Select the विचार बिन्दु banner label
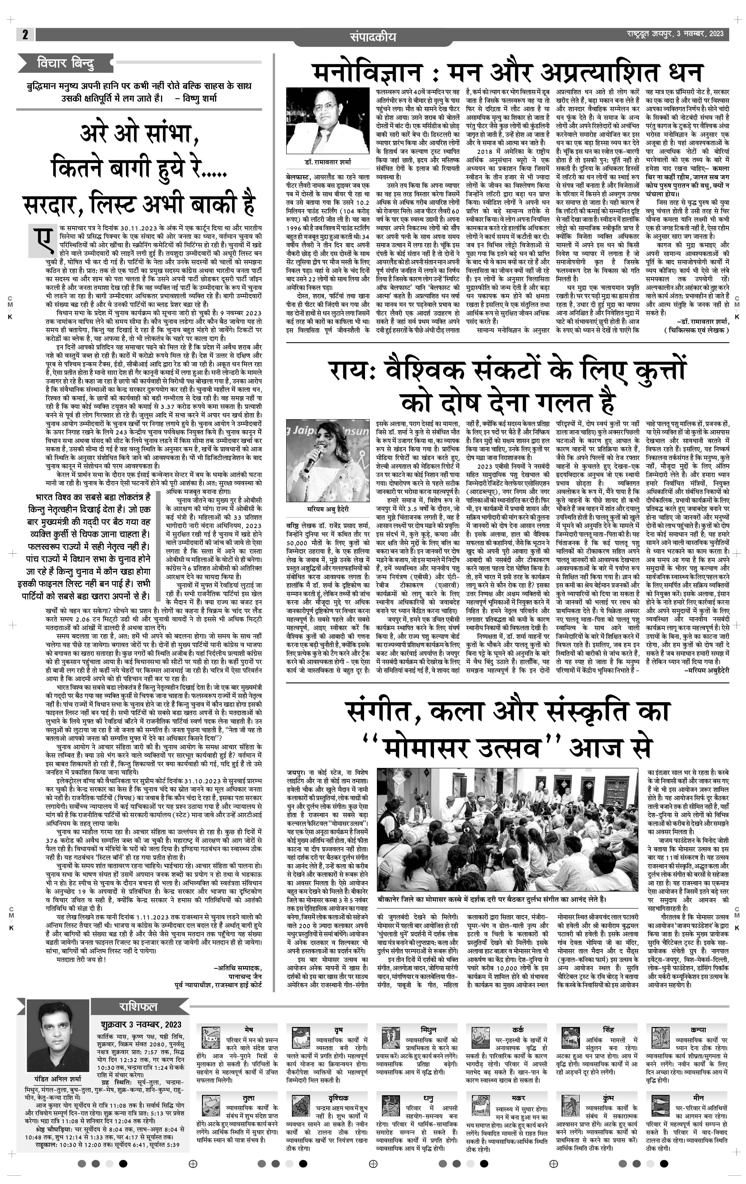[65, 63]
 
